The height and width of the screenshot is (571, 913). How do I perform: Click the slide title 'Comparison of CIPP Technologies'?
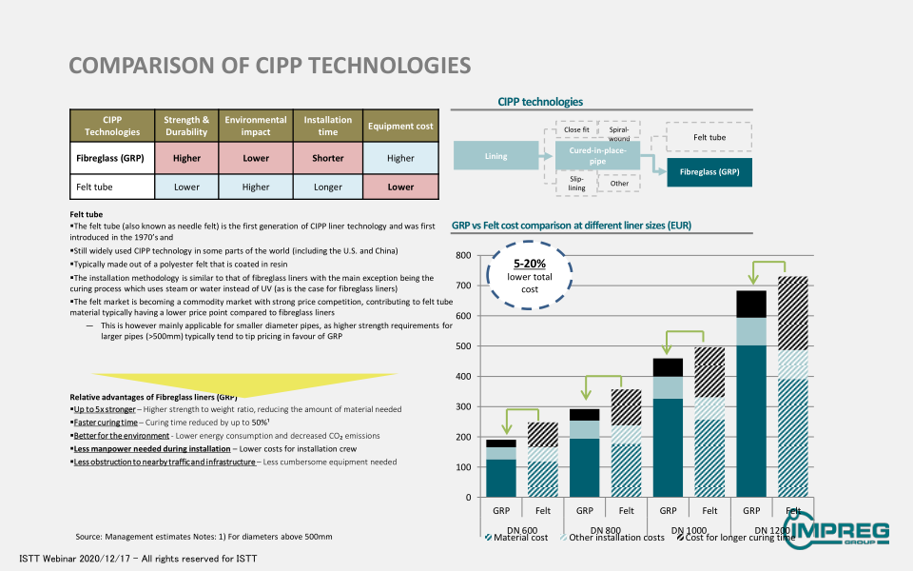click(x=269, y=65)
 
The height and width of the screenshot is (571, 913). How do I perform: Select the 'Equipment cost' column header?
click(x=400, y=127)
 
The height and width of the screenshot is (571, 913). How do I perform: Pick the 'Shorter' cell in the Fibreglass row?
click(x=327, y=158)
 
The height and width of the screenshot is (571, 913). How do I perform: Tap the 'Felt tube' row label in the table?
click(x=112, y=187)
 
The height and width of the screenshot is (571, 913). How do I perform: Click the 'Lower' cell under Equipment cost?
click(x=400, y=187)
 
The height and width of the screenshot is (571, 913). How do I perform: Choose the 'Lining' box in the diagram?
click(x=496, y=156)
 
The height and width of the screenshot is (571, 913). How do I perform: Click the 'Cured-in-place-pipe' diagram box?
click(x=597, y=156)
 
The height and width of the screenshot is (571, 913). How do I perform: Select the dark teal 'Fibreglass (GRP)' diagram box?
click(x=709, y=172)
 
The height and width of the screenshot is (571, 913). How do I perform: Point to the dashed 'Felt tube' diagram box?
click(x=709, y=137)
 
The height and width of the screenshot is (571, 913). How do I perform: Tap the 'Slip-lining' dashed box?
click(x=576, y=183)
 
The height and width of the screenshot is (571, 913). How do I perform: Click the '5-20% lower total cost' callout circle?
click(x=525, y=276)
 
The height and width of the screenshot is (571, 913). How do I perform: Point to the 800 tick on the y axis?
click(x=463, y=255)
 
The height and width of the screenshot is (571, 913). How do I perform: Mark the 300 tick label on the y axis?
click(x=463, y=406)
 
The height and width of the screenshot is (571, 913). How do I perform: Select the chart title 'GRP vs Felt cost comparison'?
click(x=572, y=226)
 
